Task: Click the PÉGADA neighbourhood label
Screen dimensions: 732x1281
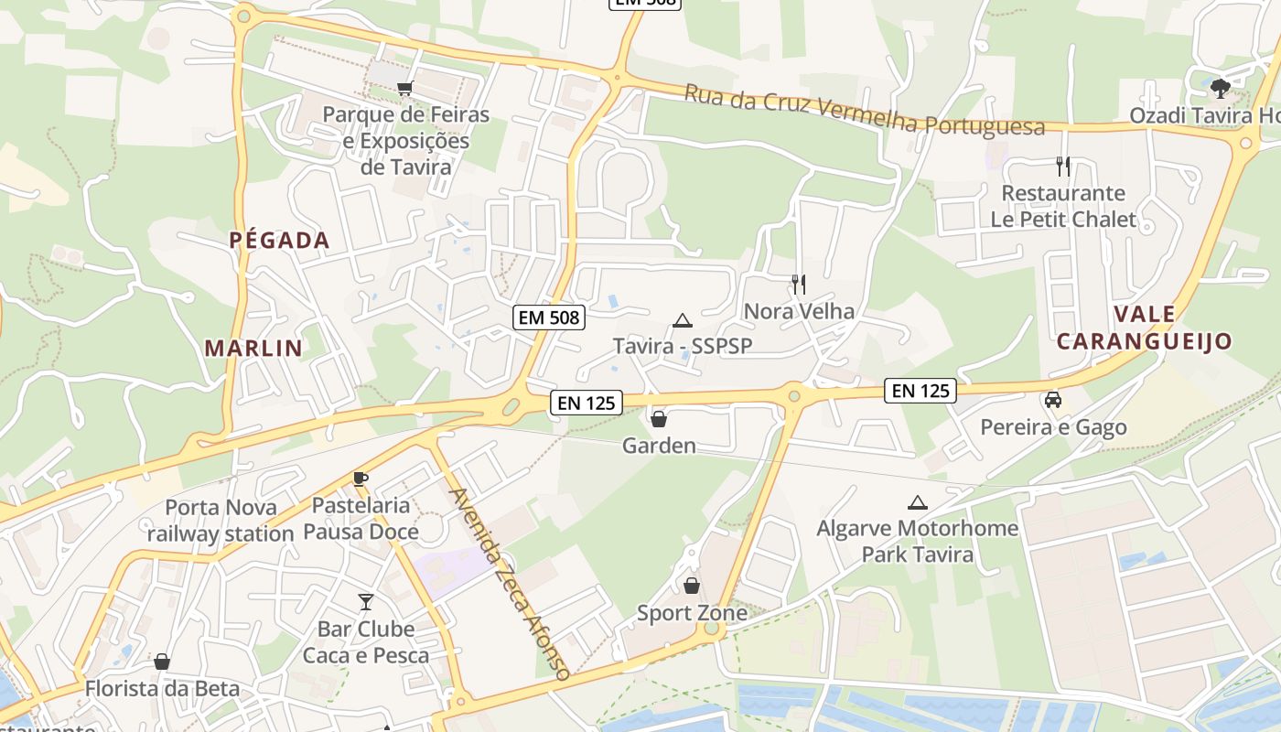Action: tap(279, 241)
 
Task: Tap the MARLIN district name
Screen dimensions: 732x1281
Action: tap(253, 348)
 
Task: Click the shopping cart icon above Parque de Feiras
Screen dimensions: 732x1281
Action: tap(404, 88)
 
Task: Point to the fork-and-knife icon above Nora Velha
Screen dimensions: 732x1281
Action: tap(799, 284)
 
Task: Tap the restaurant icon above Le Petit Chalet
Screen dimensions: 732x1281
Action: tap(1062, 167)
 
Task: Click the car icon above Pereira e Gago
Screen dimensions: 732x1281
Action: tap(1053, 400)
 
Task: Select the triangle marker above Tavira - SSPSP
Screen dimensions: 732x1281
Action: tap(682, 320)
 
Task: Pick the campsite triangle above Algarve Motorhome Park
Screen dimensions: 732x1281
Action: tap(917, 502)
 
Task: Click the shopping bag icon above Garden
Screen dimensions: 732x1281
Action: tap(658, 419)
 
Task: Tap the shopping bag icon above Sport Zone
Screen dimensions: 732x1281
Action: tap(692, 585)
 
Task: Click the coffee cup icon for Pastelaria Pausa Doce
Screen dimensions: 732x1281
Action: tap(361, 479)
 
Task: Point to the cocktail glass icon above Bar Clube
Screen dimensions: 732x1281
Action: tap(366, 601)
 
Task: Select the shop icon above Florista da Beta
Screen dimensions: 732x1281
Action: tap(162, 661)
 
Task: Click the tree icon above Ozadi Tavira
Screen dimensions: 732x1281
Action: tap(1219, 89)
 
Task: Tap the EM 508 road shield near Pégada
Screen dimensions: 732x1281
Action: tap(548, 318)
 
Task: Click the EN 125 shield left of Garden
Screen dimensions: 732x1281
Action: tap(587, 402)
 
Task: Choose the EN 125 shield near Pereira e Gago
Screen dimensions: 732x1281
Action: tap(920, 391)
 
